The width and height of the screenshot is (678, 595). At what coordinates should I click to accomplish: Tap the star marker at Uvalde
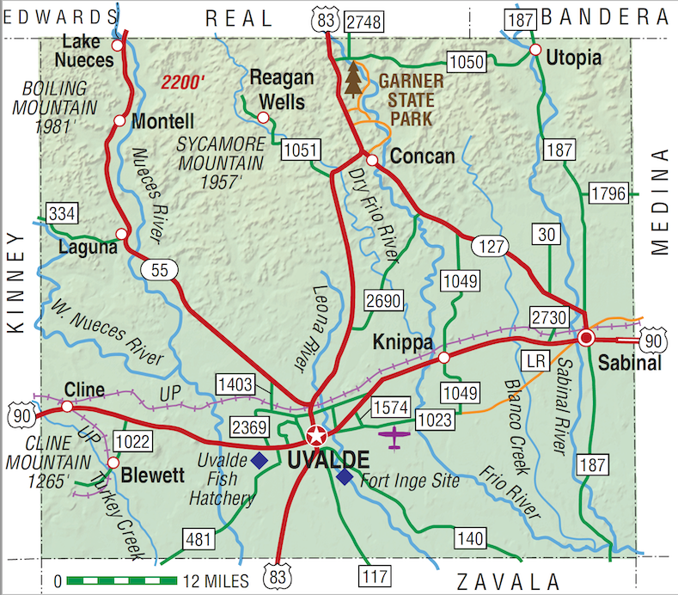click(x=316, y=434)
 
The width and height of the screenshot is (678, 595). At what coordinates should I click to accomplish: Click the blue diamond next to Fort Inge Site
click(x=345, y=476)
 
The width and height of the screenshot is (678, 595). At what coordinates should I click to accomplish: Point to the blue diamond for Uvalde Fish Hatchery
click(x=259, y=460)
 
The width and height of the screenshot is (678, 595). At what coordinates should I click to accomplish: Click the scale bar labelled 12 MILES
click(x=121, y=580)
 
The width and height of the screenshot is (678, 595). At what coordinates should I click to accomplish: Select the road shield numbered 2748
click(x=361, y=23)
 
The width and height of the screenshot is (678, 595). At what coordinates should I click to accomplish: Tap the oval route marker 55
click(x=160, y=270)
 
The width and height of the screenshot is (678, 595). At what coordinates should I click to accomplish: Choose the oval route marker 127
click(x=489, y=245)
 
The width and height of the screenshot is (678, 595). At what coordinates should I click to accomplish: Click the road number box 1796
click(x=608, y=193)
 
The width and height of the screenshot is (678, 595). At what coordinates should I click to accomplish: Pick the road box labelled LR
click(x=536, y=356)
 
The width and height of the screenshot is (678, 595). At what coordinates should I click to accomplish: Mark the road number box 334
click(x=63, y=213)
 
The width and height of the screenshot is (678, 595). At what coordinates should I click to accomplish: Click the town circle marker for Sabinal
click(x=586, y=338)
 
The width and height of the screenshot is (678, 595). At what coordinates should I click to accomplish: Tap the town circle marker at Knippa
click(x=444, y=357)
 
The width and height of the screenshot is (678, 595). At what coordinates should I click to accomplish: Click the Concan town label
click(x=422, y=156)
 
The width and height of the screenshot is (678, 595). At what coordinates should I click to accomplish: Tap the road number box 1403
click(x=234, y=385)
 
